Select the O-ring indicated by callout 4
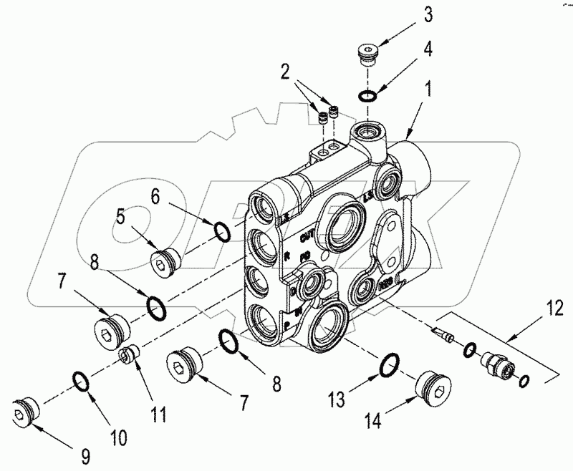click(367, 97)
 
